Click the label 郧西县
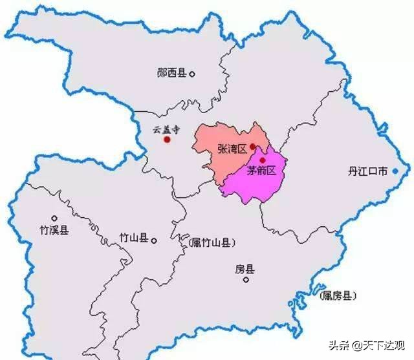pyautogui.click(x=171, y=74)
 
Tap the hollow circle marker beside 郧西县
pyautogui.click(x=192, y=74)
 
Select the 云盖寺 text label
pyautogui.click(x=166, y=129)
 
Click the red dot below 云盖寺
pyautogui.click(x=167, y=139)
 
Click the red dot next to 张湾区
pyautogui.click(x=252, y=147)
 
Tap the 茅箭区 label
pyautogui.click(x=261, y=171)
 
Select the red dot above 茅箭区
pyautogui.click(x=262, y=160)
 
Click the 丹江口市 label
pyautogui.click(x=367, y=171)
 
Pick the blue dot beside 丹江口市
pyautogui.click(x=395, y=171)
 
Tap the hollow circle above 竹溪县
pyautogui.click(x=54, y=218)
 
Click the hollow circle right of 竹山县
pyautogui.click(x=154, y=240)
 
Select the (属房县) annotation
pyautogui.click(x=338, y=295)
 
